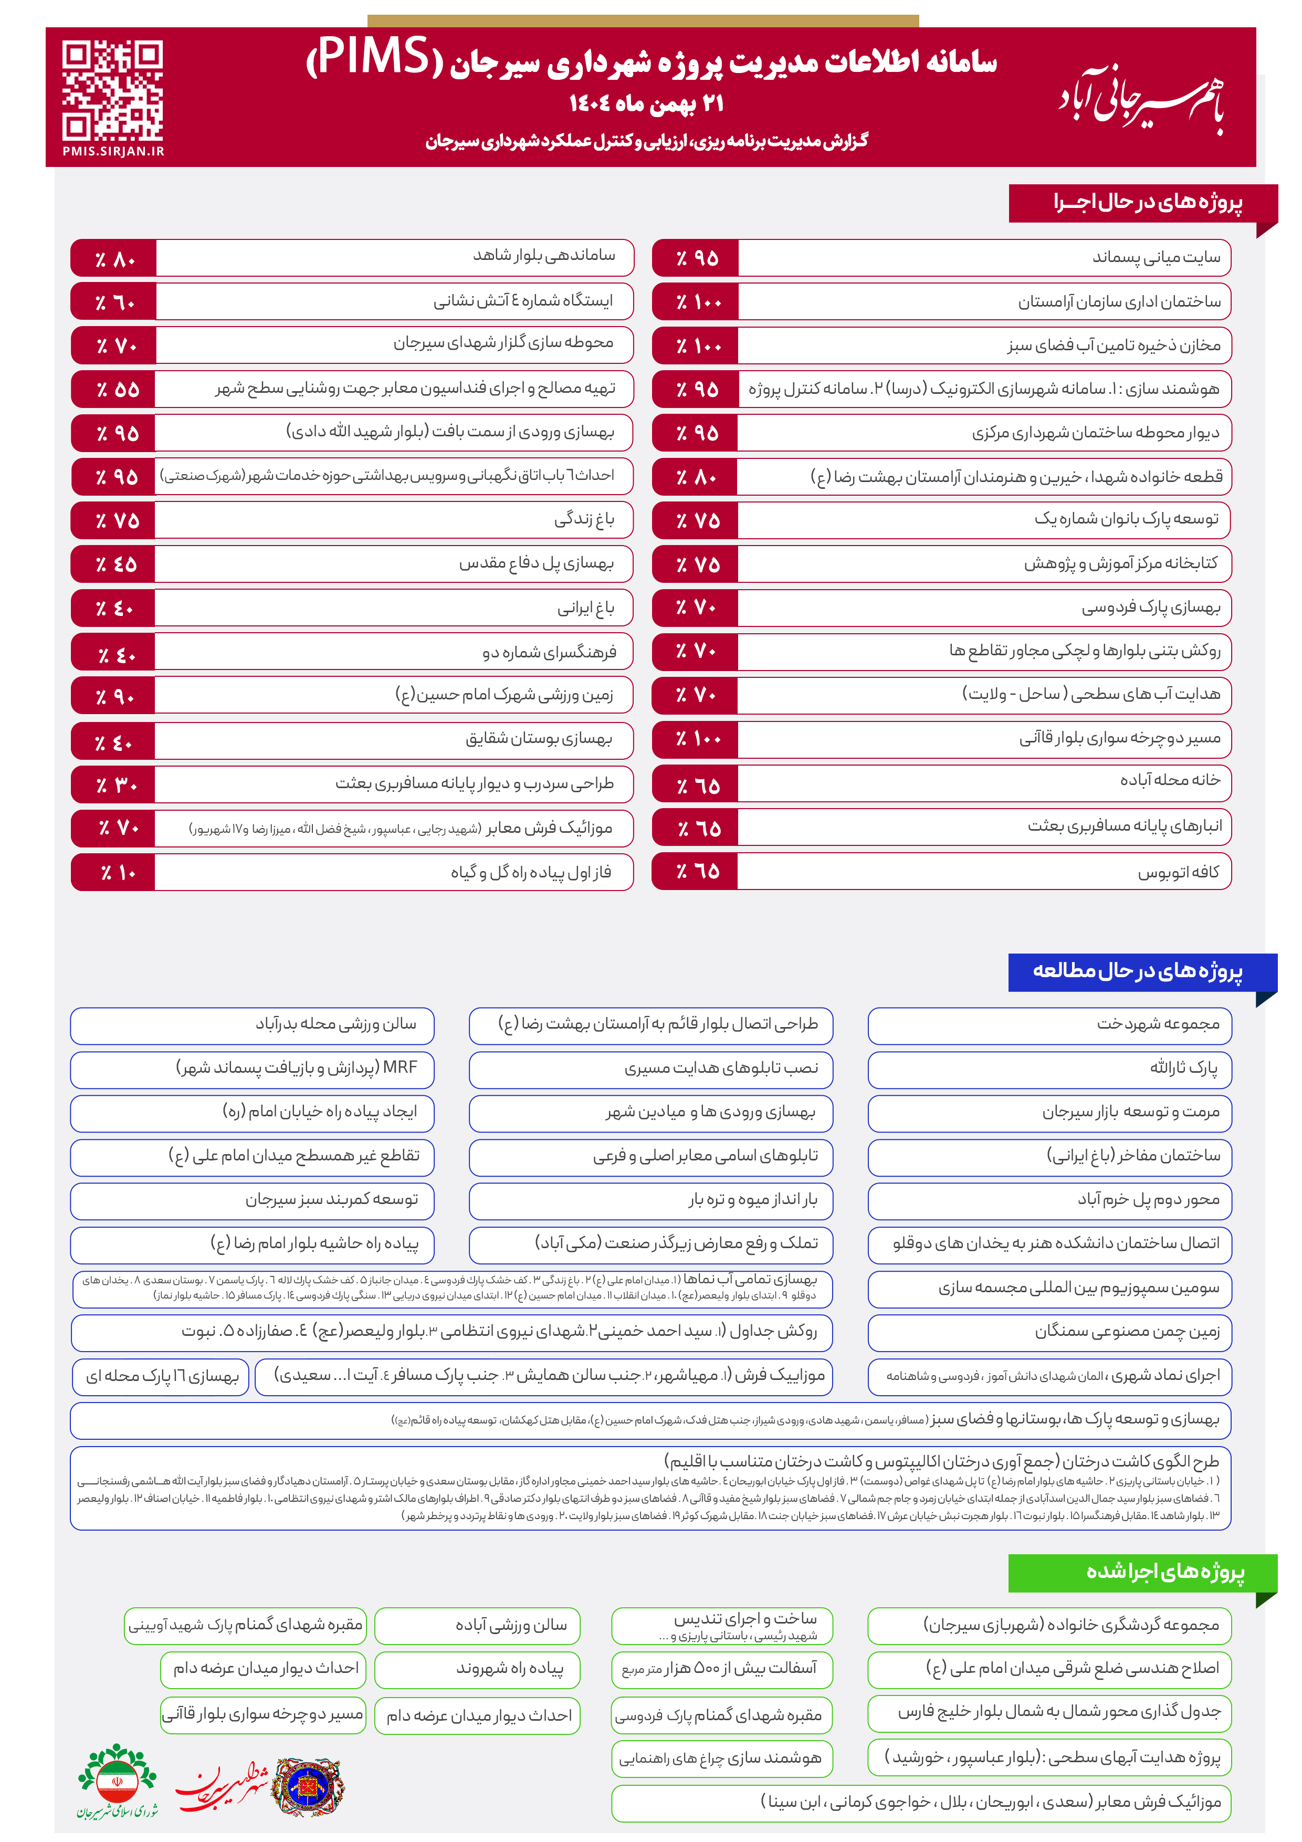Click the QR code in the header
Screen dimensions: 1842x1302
pyautogui.click(x=112, y=90)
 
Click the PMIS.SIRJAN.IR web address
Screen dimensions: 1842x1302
pyautogui.click(x=113, y=151)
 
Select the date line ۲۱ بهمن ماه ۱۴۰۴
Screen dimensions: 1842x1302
pyautogui.click(x=647, y=103)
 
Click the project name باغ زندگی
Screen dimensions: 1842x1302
pyautogui.click(x=584, y=520)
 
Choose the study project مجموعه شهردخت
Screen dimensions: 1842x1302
pyautogui.click(x=1158, y=1024)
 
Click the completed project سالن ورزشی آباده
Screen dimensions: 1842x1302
pyautogui.click(x=510, y=1625)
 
